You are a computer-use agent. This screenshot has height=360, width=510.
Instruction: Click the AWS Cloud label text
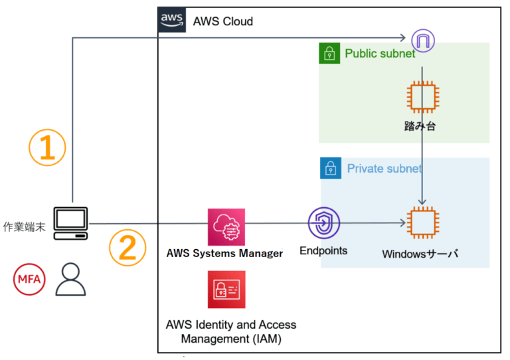click(222, 21)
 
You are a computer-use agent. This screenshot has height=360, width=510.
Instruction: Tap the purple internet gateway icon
click(422, 40)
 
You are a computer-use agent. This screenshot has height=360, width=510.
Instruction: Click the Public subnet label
click(380, 53)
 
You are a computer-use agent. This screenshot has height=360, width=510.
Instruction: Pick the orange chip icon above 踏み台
click(422, 96)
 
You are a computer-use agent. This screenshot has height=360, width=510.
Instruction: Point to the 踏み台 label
click(422, 126)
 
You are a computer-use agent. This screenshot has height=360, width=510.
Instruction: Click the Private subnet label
click(384, 169)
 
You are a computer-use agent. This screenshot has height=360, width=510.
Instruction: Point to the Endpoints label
click(323, 250)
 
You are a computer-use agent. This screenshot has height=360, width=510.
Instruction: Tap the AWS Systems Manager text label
click(226, 253)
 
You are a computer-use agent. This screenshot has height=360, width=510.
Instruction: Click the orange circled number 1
click(47, 147)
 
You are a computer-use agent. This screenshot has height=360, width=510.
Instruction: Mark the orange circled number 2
click(127, 247)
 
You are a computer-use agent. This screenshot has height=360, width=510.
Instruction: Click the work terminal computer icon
click(71, 223)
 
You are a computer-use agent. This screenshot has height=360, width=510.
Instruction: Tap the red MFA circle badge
click(29, 278)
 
